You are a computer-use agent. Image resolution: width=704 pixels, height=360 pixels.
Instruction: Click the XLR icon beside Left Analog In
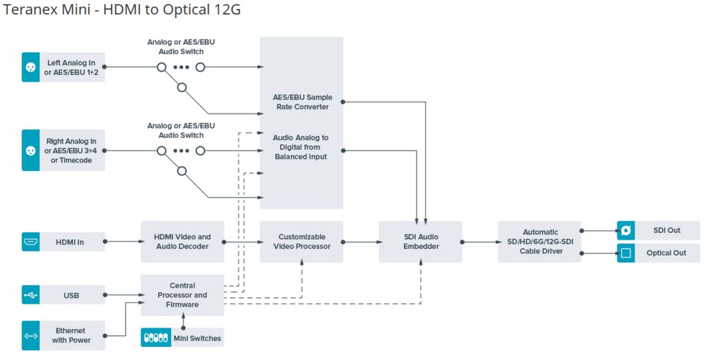pyautogui.click(x=30, y=67)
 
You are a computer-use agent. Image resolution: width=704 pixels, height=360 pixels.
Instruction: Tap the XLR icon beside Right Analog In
pyautogui.click(x=30, y=150)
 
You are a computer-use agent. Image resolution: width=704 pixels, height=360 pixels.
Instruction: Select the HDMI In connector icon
pyautogui.click(x=30, y=241)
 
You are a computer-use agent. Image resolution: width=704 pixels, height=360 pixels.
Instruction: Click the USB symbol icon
pyautogui.click(x=30, y=295)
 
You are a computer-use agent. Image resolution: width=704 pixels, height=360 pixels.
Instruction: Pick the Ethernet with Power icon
pyautogui.click(x=30, y=336)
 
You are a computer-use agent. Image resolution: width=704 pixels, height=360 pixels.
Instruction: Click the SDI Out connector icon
pyautogui.click(x=626, y=231)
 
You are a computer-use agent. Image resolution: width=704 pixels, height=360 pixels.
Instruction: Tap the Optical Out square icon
pyautogui.click(x=626, y=253)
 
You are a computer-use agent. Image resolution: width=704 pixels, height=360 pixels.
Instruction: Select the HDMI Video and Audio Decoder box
pyautogui.click(x=182, y=241)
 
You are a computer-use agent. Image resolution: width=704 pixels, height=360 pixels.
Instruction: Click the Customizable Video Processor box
pyautogui.click(x=301, y=241)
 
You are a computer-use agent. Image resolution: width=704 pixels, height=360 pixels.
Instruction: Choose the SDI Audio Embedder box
pyautogui.click(x=421, y=241)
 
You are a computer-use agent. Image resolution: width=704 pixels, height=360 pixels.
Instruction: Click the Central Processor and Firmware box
pyautogui.click(x=182, y=295)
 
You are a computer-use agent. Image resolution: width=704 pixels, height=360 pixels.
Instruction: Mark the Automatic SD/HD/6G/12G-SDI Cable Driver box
pyautogui.click(x=540, y=241)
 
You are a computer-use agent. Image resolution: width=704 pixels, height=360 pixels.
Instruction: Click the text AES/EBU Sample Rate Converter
pyautogui.click(x=301, y=102)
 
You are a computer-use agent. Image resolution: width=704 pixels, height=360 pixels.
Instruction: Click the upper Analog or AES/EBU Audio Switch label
pyautogui.click(x=181, y=47)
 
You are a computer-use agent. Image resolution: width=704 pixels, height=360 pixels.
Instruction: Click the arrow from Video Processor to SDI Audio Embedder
pyautogui.click(x=360, y=241)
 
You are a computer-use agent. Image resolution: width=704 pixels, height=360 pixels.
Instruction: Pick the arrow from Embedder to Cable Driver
pyautogui.click(x=480, y=241)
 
